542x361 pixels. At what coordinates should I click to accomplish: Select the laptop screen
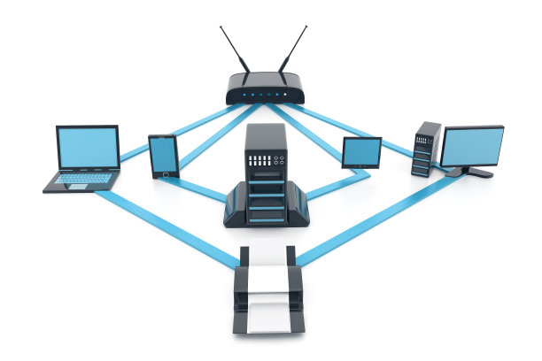pos(88,148)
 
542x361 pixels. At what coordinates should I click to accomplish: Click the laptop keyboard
pos(84,179)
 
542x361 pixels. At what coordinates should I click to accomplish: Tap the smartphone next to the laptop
pos(163,156)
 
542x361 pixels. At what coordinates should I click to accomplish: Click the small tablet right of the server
pos(361,153)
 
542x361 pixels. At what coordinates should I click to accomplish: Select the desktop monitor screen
pos(471,146)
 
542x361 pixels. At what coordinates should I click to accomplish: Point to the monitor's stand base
pos(469,173)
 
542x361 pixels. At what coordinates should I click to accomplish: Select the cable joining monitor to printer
pos(372,217)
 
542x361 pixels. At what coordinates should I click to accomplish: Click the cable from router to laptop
pos(177,128)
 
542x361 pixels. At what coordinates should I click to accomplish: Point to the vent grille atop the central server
pos(266,162)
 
